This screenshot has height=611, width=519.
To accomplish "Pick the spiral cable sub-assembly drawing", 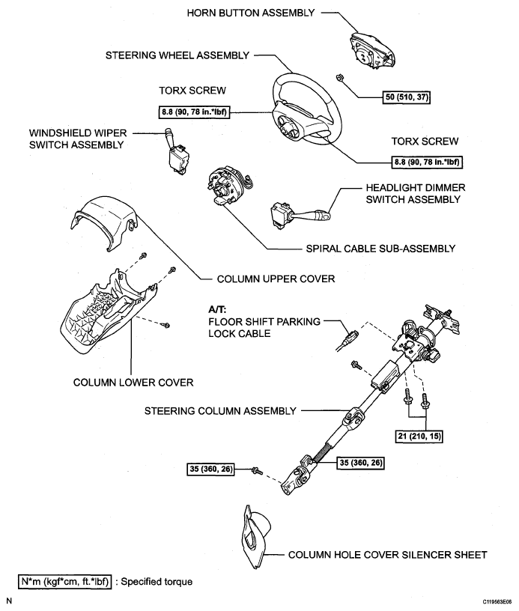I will (x=229, y=185).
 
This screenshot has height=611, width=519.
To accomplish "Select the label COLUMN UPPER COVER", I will (x=276, y=279).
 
